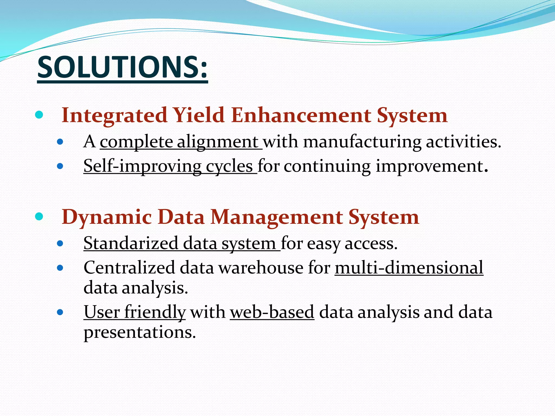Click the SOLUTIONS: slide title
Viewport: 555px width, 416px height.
[x=122, y=67]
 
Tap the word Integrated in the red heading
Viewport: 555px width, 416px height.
[x=114, y=115]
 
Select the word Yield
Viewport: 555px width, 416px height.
[x=199, y=115]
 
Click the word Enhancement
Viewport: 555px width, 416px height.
[x=301, y=115]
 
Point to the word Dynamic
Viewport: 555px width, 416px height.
[x=107, y=217]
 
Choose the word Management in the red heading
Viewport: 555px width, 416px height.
[x=276, y=217]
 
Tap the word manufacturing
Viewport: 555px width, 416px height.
[x=362, y=142]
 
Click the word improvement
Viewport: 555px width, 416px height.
[x=430, y=166]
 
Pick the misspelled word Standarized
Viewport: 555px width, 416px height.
[x=131, y=243]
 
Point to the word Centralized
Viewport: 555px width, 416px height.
[x=129, y=268]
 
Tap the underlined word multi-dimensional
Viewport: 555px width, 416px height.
[x=409, y=268]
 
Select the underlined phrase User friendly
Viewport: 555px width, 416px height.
[x=135, y=312]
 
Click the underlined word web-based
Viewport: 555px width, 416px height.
[x=272, y=312]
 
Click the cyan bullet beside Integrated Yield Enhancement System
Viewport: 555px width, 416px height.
[x=39, y=115]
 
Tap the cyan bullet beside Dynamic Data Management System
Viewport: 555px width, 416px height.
[x=39, y=216]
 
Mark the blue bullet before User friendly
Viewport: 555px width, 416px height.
[x=60, y=312]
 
